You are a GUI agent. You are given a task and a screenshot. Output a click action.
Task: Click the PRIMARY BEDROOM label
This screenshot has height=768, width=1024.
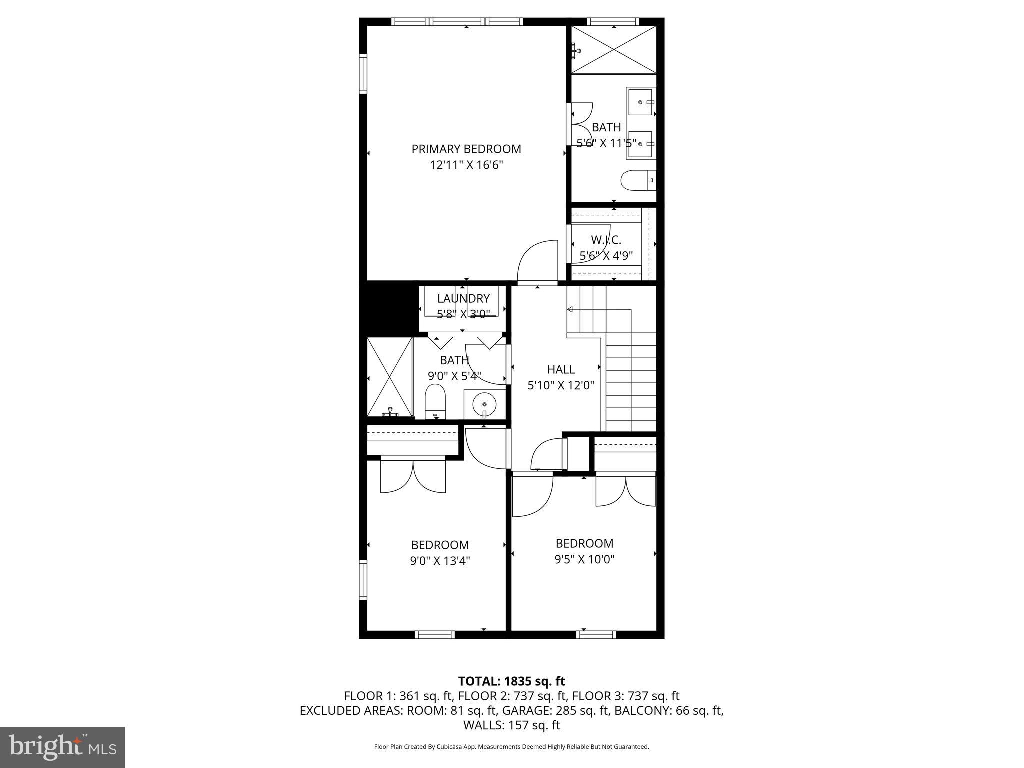coord(466,149)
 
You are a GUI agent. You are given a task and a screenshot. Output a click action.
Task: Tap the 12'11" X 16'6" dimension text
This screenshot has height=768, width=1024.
coord(466,165)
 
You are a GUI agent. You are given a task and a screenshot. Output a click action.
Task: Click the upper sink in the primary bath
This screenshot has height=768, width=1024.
coord(640,102)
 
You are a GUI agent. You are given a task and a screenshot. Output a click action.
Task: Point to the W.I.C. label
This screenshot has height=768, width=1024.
coord(606,240)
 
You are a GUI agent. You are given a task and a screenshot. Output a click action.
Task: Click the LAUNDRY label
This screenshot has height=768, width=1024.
coord(463,298)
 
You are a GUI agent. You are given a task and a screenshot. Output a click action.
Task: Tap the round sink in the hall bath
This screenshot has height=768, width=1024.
coord(484,404)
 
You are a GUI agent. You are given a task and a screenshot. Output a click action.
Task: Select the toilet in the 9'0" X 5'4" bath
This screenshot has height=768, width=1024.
coord(435,401)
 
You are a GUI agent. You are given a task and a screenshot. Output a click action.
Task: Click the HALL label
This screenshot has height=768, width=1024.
coord(561,369)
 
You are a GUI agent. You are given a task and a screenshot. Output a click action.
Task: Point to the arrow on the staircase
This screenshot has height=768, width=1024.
coord(569,310)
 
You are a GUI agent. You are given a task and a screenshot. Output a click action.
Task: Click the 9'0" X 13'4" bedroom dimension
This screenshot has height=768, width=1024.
coord(440,561)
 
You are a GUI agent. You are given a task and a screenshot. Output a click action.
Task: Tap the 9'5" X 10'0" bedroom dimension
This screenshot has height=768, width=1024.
coord(584,559)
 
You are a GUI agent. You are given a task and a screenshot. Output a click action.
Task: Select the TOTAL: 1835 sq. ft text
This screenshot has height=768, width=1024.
coord(511,681)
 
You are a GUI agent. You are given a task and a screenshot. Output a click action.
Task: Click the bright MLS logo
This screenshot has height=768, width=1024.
coord(62,747)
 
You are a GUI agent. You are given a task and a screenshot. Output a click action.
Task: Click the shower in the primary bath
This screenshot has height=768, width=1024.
coord(613,50)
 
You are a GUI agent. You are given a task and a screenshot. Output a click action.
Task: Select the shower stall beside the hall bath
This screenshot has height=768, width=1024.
coord(390,377)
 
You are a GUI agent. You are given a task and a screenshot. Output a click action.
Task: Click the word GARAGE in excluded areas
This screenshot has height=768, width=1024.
coord(522,710)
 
